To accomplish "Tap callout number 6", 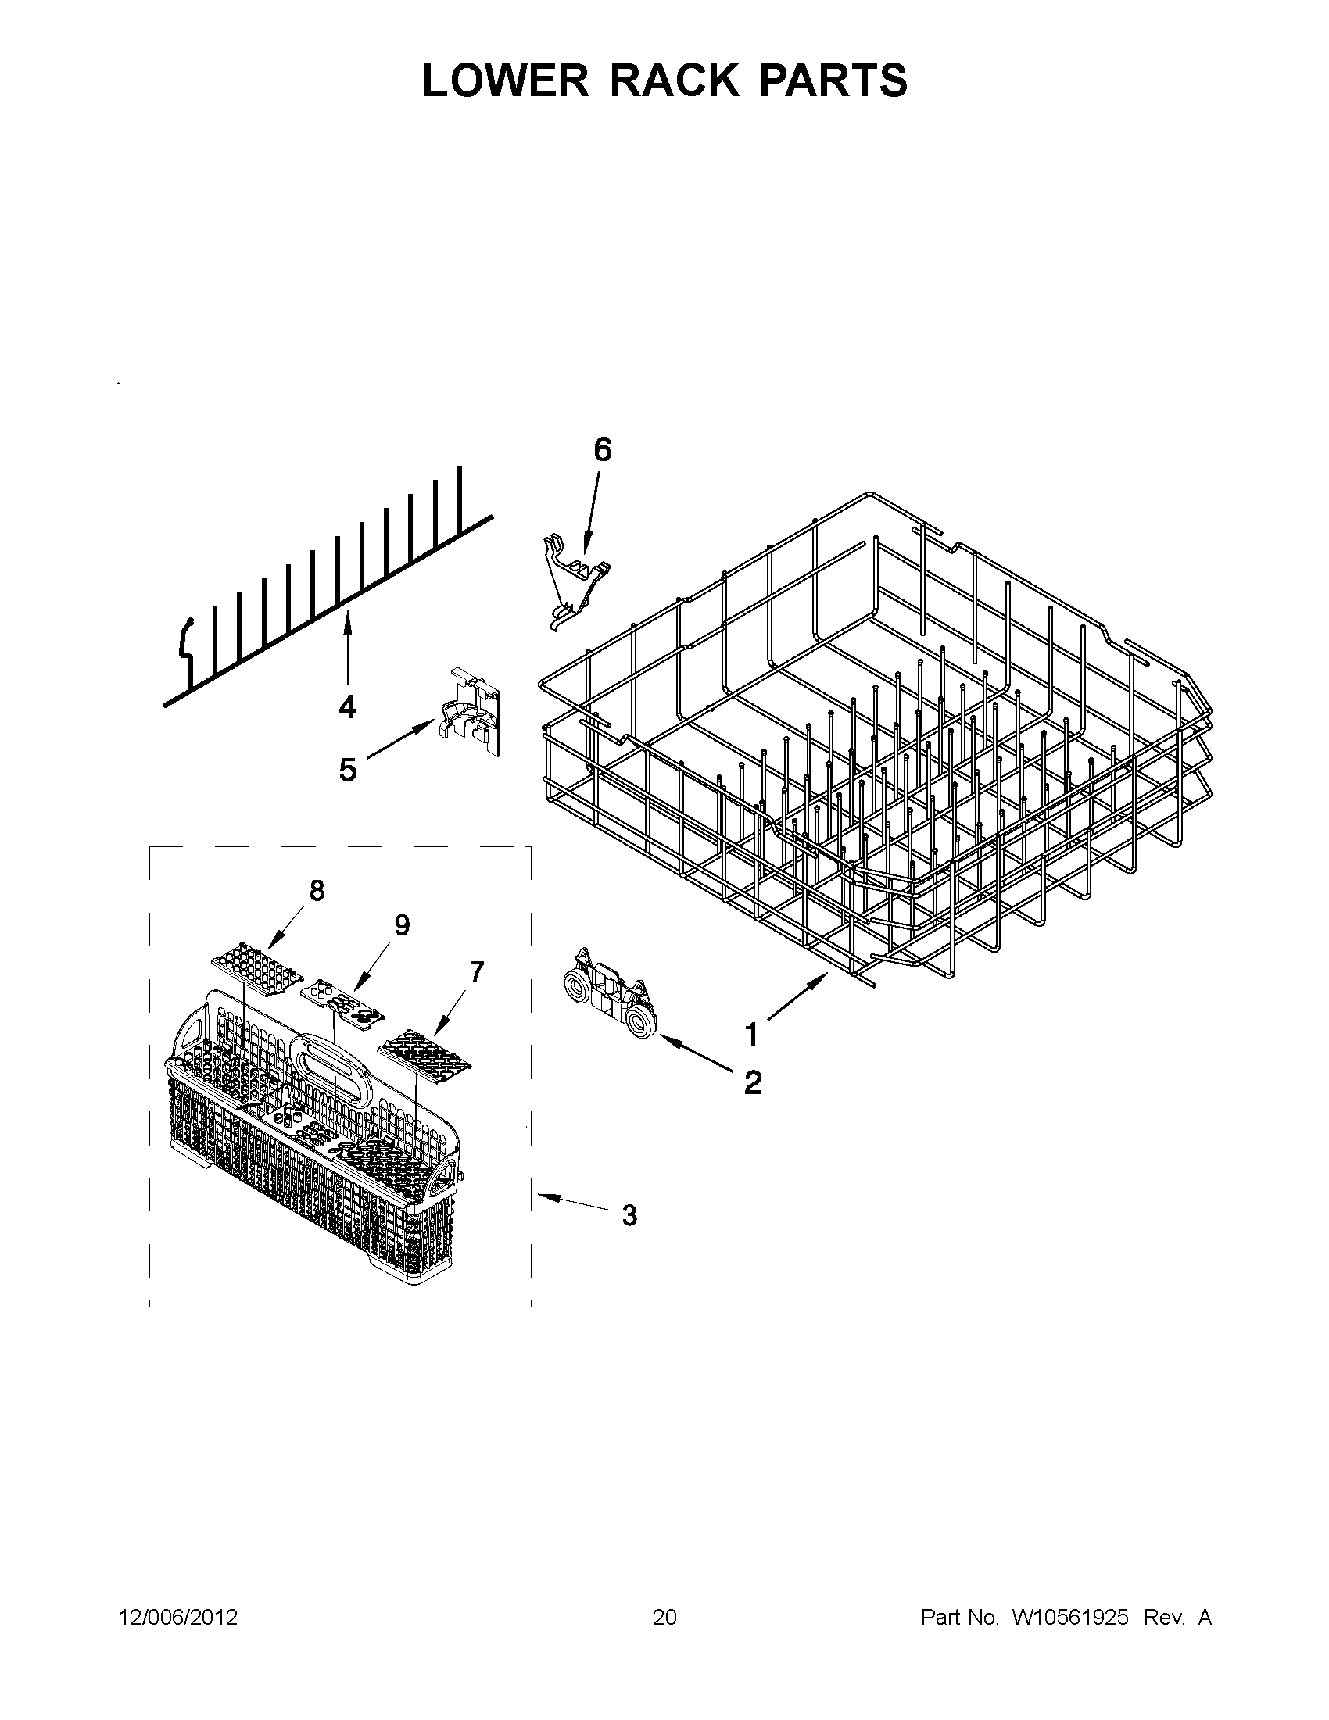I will [602, 449].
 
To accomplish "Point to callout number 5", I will [347, 770].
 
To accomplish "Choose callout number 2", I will [752, 1083].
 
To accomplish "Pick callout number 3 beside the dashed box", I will [629, 1215].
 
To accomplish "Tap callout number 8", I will [316, 891].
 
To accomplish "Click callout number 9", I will [402, 925].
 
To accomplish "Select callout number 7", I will [476, 974].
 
